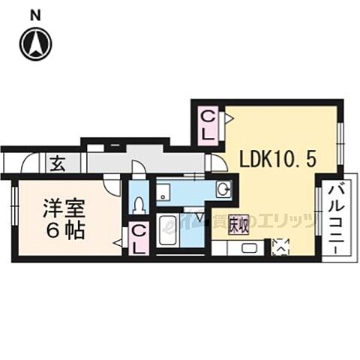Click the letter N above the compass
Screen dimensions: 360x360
[36, 13]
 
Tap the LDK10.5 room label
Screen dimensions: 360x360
[271, 159]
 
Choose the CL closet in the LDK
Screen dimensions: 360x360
[209, 126]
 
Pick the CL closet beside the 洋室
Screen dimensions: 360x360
[139, 238]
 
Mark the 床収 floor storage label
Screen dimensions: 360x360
[238, 223]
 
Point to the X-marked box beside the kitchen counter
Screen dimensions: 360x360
[280, 246]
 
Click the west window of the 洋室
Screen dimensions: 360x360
[14, 203]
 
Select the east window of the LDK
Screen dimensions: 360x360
[341, 139]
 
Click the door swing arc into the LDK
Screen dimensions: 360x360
[214, 162]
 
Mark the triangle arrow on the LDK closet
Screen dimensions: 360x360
[229, 117]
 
